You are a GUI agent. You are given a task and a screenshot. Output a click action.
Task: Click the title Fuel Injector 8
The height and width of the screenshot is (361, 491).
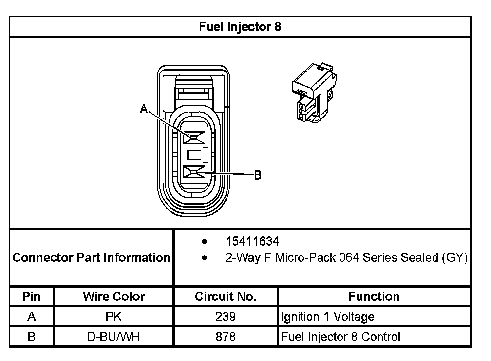(x=240, y=27)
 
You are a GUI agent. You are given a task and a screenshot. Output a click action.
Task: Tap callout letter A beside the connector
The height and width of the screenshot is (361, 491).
(x=144, y=110)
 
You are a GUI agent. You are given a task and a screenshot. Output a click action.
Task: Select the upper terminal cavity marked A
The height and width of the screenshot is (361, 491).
(x=193, y=139)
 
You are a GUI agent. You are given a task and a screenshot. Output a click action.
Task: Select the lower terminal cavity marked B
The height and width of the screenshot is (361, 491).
(x=193, y=172)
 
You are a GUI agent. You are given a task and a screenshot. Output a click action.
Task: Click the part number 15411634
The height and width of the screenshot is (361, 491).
(x=252, y=242)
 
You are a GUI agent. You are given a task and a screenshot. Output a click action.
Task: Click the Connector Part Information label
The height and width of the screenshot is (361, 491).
(x=92, y=257)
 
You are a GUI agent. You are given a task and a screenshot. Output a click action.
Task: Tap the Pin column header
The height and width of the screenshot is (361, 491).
(x=32, y=296)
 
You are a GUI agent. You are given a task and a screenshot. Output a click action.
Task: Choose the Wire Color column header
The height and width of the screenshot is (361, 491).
(x=113, y=296)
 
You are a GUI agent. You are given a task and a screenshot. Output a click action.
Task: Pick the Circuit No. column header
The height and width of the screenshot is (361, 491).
(x=226, y=296)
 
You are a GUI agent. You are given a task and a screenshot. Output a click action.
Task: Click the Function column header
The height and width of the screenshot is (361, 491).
(x=374, y=296)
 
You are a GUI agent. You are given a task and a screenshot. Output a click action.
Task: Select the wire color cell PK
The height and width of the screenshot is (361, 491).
(x=113, y=317)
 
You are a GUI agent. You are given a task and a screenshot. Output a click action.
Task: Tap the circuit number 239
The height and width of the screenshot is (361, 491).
(x=226, y=317)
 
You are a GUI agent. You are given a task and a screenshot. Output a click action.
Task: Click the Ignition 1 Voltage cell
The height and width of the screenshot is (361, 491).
(x=328, y=317)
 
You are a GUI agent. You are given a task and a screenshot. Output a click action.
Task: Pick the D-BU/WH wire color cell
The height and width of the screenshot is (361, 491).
(x=113, y=337)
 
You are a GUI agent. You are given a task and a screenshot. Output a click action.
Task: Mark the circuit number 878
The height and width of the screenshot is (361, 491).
(x=226, y=337)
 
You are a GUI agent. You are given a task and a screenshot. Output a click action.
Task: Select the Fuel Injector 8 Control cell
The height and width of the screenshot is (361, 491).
(x=341, y=337)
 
